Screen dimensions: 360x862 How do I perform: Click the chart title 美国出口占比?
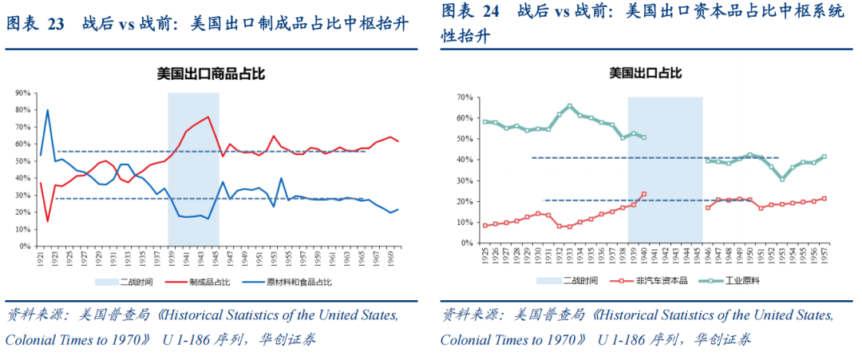[645, 73]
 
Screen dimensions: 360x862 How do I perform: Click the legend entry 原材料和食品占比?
[299, 282]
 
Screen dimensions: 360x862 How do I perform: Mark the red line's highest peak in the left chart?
[208, 117]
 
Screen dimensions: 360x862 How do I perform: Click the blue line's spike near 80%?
[48, 110]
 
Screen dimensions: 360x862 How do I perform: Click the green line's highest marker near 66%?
[569, 105]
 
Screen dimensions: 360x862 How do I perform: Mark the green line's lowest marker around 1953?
[782, 179]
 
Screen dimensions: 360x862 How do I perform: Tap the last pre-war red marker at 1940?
[644, 193]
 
